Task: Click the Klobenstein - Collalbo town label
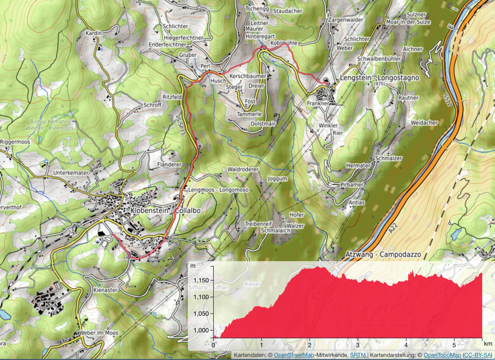click(x=165, y=210)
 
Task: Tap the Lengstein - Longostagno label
click(x=379, y=78)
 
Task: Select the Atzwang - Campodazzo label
click(x=383, y=255)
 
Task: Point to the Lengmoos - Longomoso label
click(x=218, y=190)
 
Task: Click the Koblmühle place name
click(x=284, y=43)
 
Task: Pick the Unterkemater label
click(x=71, y=173)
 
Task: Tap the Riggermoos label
click(x=15, y=142)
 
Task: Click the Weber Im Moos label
click(x=98, y=333)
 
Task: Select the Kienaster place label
click(x=106, y=290)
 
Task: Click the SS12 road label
click(x=447, y=100)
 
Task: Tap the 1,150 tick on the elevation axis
click(x=201, y=280)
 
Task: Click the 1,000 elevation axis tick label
click(x=201, y=330)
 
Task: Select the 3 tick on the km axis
click(x=358, y=345)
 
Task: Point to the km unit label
click(x=488, y=344)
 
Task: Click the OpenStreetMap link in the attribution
click(x=294, y=355)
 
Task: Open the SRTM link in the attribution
click(x=358, y=355)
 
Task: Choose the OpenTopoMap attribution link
click(x=442, y=355)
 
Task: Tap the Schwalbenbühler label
click(x=379, y=59)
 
